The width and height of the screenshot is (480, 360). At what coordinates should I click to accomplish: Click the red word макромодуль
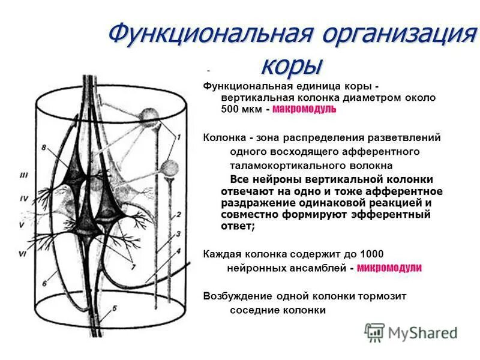tap(304, 109)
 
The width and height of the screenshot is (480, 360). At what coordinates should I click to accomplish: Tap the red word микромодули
tap(389, 268)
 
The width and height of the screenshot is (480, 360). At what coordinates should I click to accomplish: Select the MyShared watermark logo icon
tap(374, 332)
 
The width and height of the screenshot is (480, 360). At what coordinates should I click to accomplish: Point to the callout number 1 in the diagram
tap(178, 137)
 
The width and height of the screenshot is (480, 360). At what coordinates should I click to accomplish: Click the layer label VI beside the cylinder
tap(22, 254)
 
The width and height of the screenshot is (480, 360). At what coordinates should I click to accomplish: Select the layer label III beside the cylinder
tap(23, 175)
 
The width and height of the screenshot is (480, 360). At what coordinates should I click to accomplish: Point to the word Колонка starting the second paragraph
tap(224, 137)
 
